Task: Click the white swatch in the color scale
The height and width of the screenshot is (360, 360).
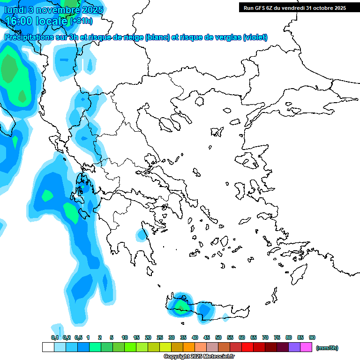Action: tap(48, 347)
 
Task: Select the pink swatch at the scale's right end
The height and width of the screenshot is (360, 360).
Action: tap(306, 347)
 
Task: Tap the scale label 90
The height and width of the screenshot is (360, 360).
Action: tap(312, 337)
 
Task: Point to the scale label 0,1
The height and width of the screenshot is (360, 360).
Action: tap(55, 337)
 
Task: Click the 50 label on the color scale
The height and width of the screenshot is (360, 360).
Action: tap(218, 337)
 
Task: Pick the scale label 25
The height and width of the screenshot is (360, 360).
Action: tap(160, 337)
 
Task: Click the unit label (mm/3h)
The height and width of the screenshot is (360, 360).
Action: tap(327, 348)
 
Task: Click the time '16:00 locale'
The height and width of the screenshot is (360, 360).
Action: tap(37, 21)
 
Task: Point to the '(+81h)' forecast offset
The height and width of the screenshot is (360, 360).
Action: tap(81, 21)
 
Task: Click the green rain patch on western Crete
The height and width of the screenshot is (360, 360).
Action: tap(180, 306)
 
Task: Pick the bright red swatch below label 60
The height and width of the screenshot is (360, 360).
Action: tap(247, 347)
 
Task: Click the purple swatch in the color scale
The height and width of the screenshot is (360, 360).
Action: tap(294, 347)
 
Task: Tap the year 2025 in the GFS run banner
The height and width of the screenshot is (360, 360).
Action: tap(339, 7)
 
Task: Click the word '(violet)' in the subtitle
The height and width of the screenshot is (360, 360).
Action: tap(255, 37)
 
